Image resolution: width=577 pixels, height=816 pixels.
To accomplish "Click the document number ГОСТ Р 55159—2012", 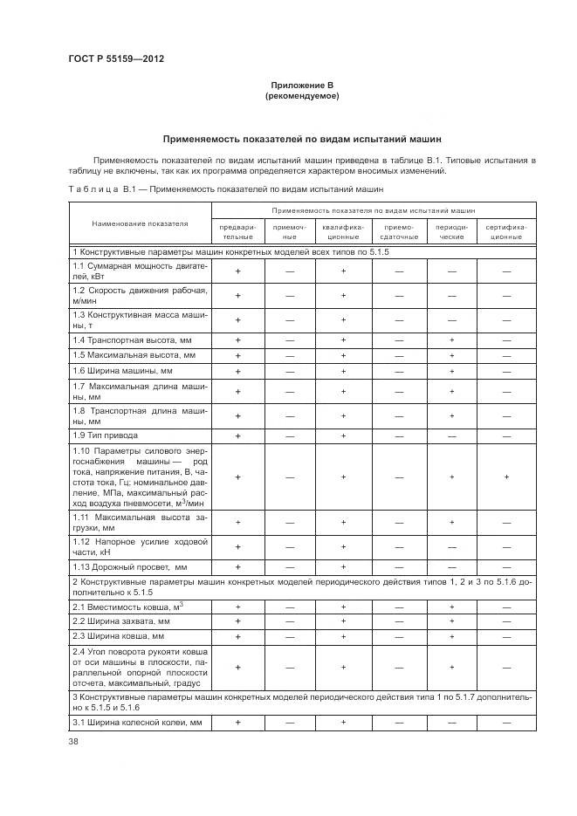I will click(116, 58).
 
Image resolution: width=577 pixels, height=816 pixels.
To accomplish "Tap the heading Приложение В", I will click(302, 86).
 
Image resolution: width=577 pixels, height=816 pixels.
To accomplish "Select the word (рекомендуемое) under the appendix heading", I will click(302, 96).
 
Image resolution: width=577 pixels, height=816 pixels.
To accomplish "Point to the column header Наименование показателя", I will click(141, 223).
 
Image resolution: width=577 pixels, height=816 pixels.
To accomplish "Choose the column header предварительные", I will click(237, 230).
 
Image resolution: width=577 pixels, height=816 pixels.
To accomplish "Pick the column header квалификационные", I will click(344, 230).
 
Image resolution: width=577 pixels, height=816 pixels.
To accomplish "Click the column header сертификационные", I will click(506, 230).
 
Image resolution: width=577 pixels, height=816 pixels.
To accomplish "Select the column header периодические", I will click(452, 230).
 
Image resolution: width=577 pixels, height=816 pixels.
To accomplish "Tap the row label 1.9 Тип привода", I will click(106, 435).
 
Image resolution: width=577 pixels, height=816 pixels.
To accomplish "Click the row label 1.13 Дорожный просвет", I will click(131, 566).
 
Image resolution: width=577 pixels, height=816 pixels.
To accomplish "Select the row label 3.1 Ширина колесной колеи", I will click(137, 723).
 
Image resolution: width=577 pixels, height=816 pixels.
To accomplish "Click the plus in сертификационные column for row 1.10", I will click(506, 477).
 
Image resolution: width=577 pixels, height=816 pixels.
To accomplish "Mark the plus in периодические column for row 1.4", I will click(452, 339).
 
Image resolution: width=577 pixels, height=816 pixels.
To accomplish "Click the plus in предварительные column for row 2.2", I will click(237, 621).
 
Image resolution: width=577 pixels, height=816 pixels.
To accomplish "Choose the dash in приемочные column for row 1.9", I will click(290, 435).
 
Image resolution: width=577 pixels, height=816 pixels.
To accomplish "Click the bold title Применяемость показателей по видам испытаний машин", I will click(302, 139).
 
